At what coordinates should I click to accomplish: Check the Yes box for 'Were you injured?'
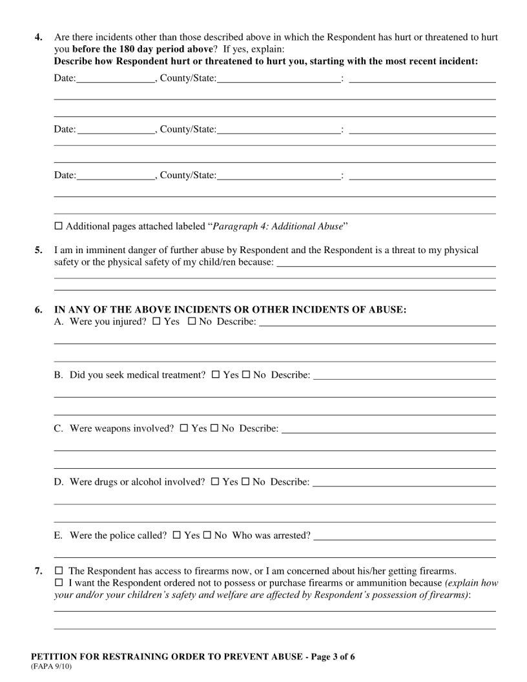pyautogui.click(x=156, y=322)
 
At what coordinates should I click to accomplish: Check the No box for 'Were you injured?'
pyautogui.click(x=191, y=322)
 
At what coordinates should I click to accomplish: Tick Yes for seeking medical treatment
pyautogui.click(x=216, y=375)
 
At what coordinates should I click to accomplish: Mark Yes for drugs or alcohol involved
pyautogui.click(x=215, y=482)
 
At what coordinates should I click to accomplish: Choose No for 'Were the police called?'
pyautogui.click(x=207, y=535)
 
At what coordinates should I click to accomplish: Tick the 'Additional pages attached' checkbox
pyautogui.click(x=59, y=227)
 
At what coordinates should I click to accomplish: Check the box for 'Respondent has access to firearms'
pyautogui.click(x=59, y=571)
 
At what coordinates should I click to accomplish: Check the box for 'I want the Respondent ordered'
pyautogui.click(x=59, y=583)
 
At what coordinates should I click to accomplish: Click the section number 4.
pyautogui.click(x=39, y=38)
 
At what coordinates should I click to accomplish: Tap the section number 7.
pyautogui.click(x=39, y=571)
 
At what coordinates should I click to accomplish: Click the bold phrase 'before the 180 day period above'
pyautogui.click(x=142, y=50)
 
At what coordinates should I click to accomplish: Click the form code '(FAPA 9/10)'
pyautogui.click(x=52, y=667)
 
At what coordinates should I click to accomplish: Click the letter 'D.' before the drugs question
pyautogui.click(x=58, y=482)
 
